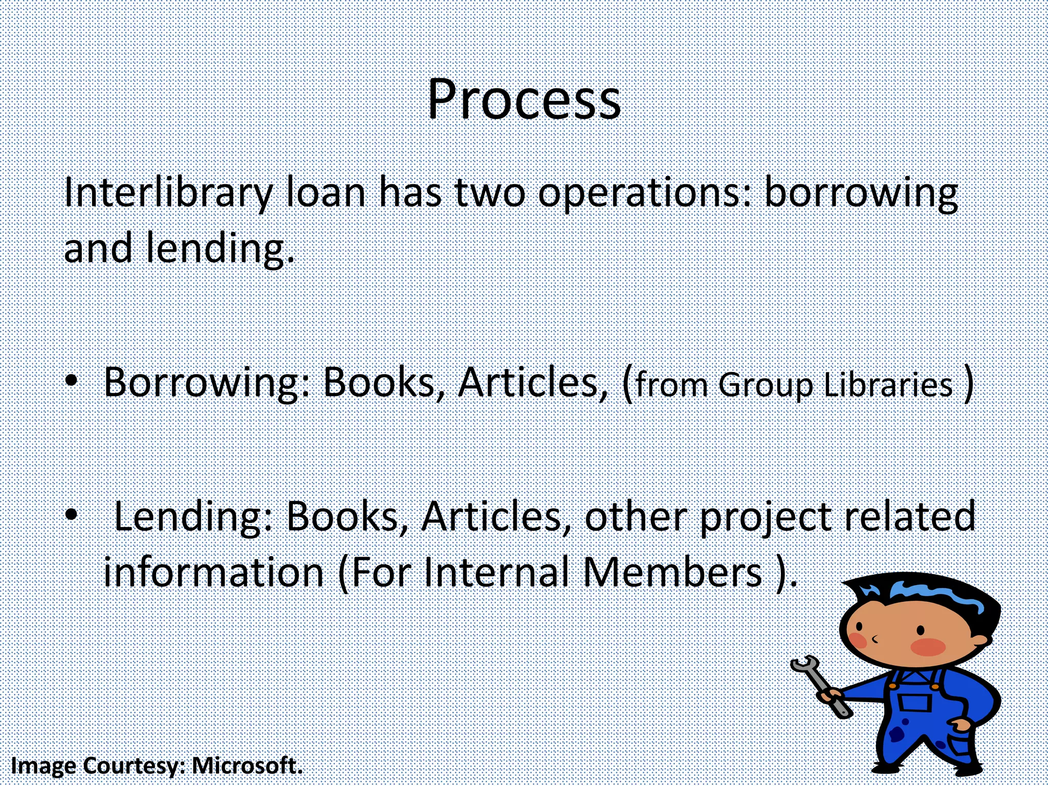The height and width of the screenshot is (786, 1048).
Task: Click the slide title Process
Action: [523, 99]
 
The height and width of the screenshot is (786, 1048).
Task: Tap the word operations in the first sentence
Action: [645, 193]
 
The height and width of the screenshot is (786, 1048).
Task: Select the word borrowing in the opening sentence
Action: [860, 193]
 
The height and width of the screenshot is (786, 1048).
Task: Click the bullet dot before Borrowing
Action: [72, 381]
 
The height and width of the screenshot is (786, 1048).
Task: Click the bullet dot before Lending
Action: [72, 513]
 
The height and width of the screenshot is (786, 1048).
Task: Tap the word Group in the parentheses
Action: [766, 385]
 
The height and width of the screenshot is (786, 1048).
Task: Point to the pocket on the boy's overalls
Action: [913, 702]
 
